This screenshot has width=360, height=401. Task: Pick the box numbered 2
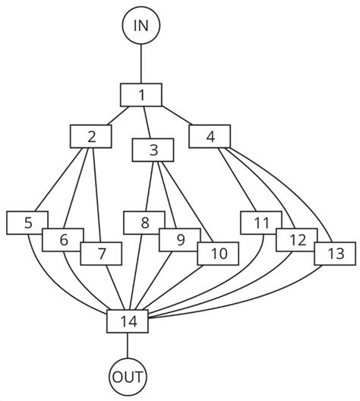tap(91, 137)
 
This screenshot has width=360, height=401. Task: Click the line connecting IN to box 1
tap(141, 65)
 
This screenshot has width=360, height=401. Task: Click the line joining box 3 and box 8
tap(150, 186)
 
